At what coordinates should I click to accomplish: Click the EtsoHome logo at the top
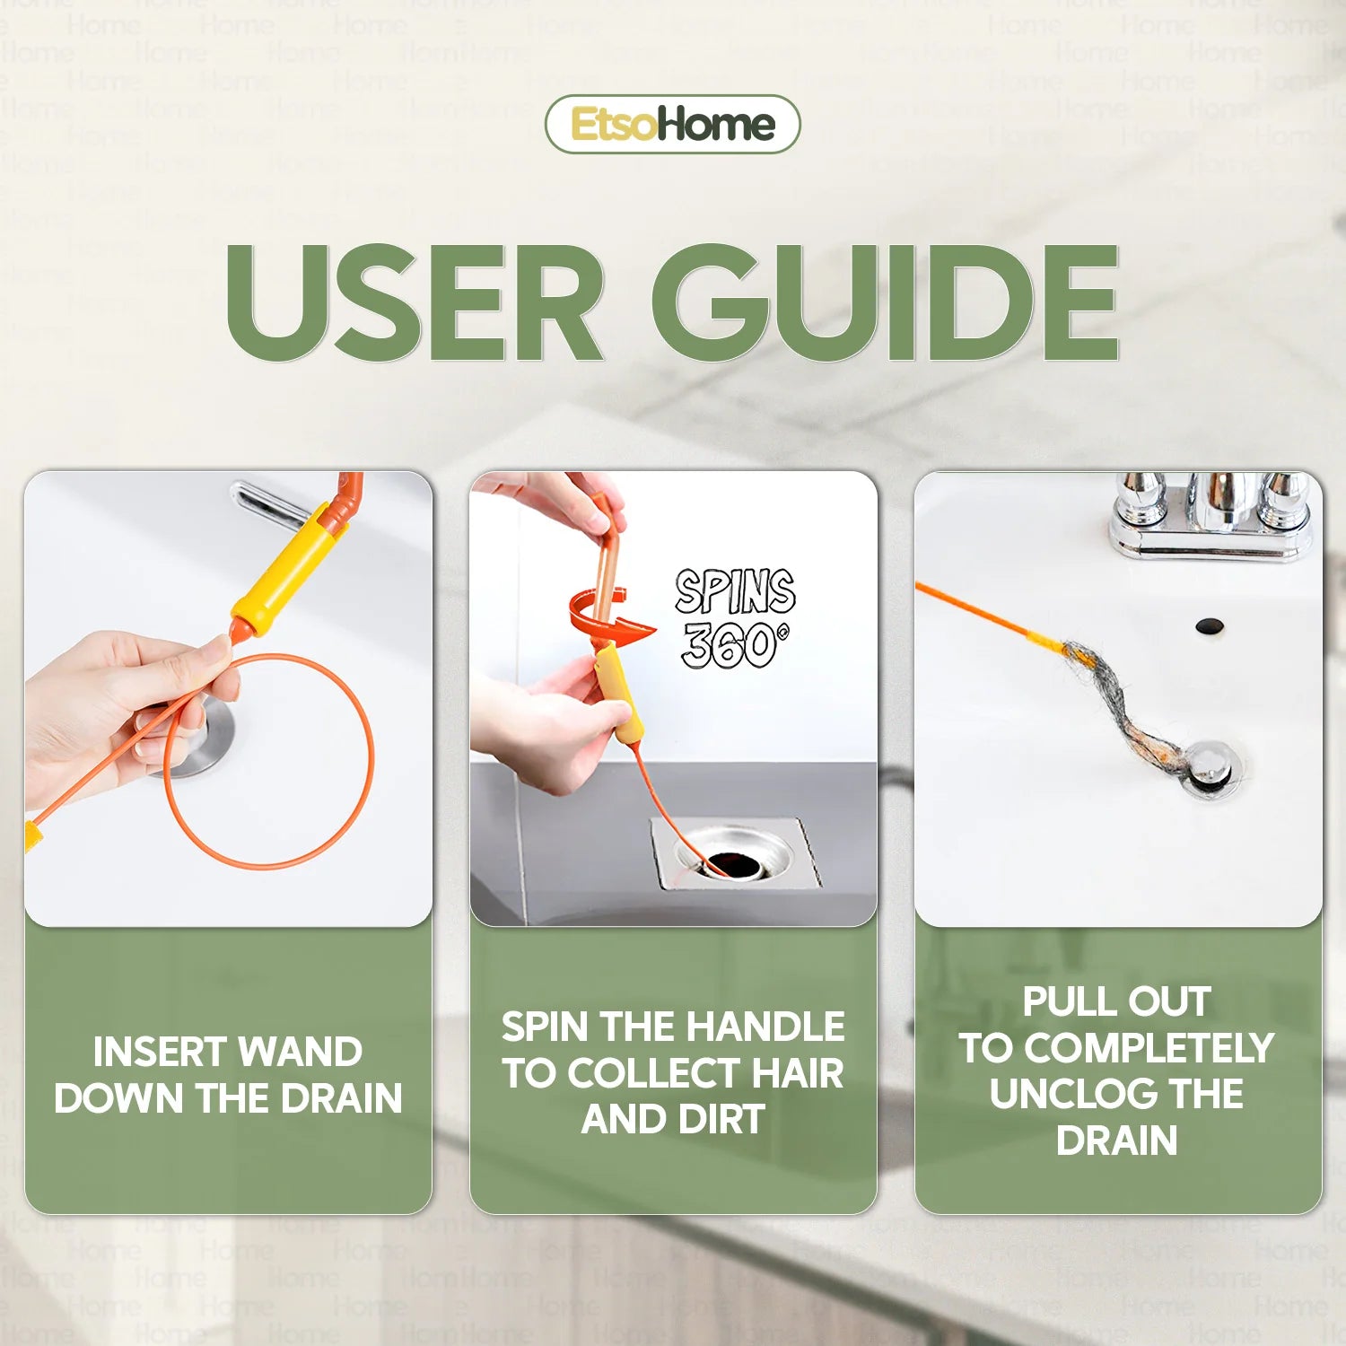pos(672,124)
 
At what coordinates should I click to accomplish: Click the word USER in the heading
pos(415,302)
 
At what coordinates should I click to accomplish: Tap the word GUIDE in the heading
pos(885,302)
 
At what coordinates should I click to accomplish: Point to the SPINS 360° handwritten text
pos(735,618)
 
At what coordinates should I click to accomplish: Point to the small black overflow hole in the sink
pos(1210,625)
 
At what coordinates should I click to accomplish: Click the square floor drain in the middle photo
pos(734,853)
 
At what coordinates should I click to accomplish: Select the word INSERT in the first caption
pos(158,1052)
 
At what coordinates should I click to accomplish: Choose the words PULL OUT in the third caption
pos(1116,1001)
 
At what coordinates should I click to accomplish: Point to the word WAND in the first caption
pos(300,1052)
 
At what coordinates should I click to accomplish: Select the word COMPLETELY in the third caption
pos(1149,1048)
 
